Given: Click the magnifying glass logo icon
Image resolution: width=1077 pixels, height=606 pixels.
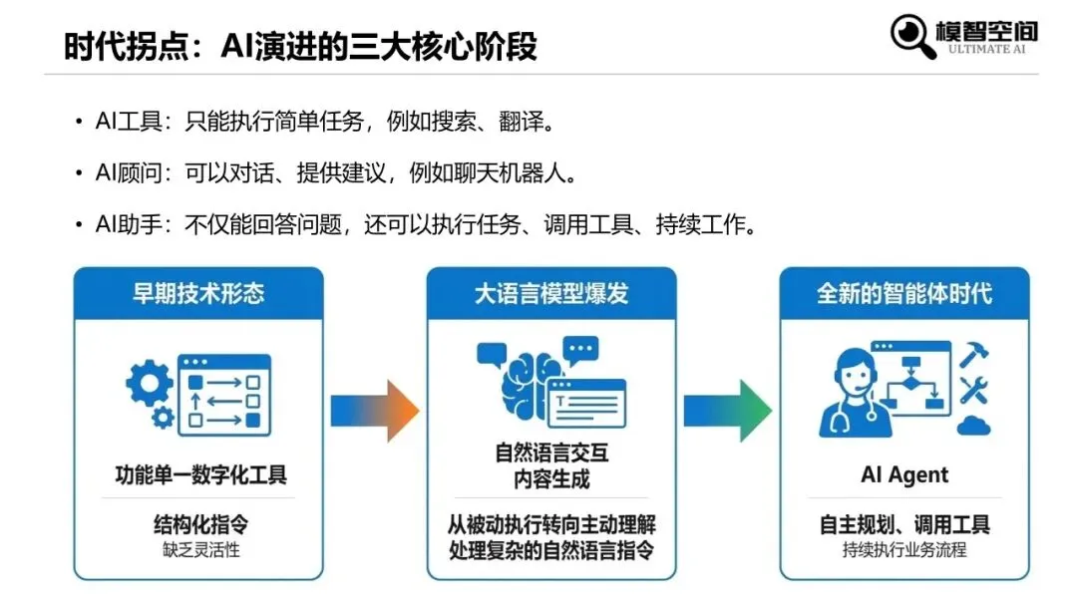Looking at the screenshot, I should click(911, 35).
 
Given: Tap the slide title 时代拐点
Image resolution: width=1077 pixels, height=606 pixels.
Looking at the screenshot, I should click(299, 46).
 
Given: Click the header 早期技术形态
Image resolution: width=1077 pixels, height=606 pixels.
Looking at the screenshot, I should click(198, 294).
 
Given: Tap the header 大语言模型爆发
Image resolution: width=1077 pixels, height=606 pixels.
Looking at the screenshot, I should click(551, 294).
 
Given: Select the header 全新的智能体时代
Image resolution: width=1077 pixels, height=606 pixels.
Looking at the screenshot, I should click(904, 294).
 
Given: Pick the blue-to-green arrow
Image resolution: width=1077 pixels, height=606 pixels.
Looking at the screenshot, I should click(727, 410).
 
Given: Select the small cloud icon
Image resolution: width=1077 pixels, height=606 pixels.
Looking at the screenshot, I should click(972, 427).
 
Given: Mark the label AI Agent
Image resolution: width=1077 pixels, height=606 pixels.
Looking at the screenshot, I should click(904, 475).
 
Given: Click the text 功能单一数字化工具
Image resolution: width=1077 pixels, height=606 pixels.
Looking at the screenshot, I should click(198, 475).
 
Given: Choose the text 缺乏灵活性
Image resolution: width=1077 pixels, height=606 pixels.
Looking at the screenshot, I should click(198, 549).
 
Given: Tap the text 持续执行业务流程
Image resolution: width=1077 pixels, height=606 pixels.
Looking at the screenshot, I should click(904, 549).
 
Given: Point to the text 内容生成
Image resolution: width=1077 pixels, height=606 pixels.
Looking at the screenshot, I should click(551, 478).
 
